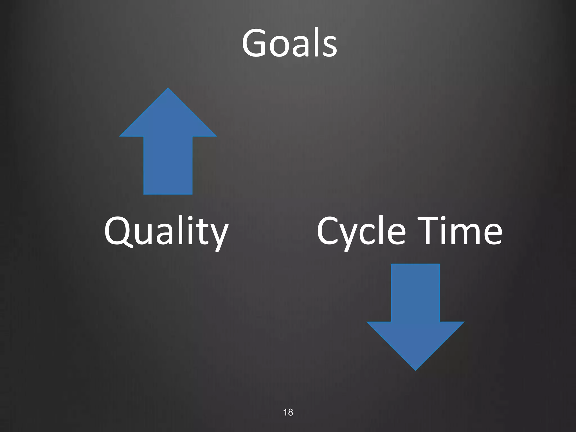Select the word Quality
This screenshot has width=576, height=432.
coord(166,231)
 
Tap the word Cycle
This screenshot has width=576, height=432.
coord(361,231)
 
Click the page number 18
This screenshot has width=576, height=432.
coord(288,412)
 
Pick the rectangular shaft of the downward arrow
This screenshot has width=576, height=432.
coord(415,292)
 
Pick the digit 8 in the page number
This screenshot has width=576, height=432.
coord(291,412)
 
